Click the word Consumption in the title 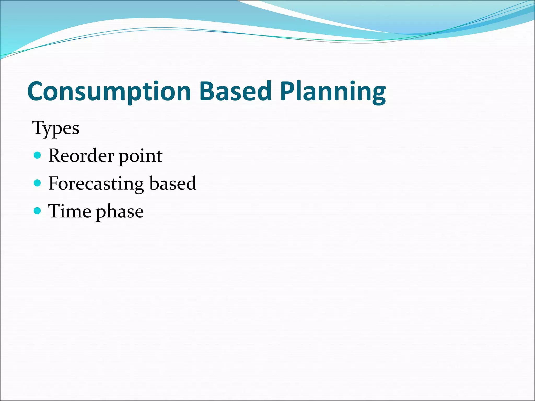(x=109, y=91)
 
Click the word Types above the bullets (x=56, y=128)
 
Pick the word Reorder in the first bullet (x=81, y=156)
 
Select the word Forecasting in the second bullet (x=96, y=184)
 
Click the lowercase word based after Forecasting (x=173, y=183)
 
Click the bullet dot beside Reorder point (x=38, y=155)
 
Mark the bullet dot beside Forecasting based (x=38, y=183)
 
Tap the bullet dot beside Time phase (x=38, y=211)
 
